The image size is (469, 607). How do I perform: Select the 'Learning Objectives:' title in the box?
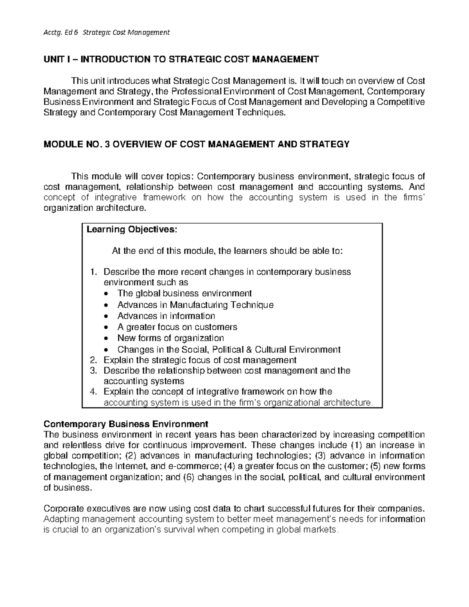[132, 229]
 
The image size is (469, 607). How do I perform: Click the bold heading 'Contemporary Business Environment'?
[126, 424]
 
